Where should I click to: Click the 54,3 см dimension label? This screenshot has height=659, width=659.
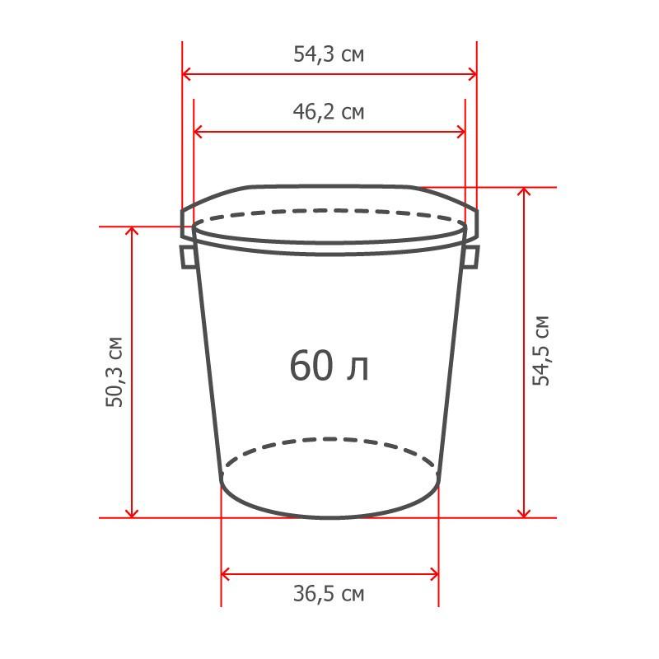click(x=329, y=54)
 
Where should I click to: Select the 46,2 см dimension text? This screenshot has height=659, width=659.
click(x=329, y=112)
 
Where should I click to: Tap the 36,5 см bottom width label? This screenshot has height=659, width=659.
click(x=329, y=594)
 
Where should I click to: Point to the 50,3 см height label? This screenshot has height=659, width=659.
click(x=115, y=372)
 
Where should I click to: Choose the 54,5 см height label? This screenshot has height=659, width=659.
click(x=541, y=351)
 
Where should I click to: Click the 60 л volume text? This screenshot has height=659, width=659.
click(x=329, y=366)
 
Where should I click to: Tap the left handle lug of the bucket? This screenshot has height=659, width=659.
click(x=188, y=257)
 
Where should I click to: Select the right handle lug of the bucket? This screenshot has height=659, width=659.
click(x=470, y=257)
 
